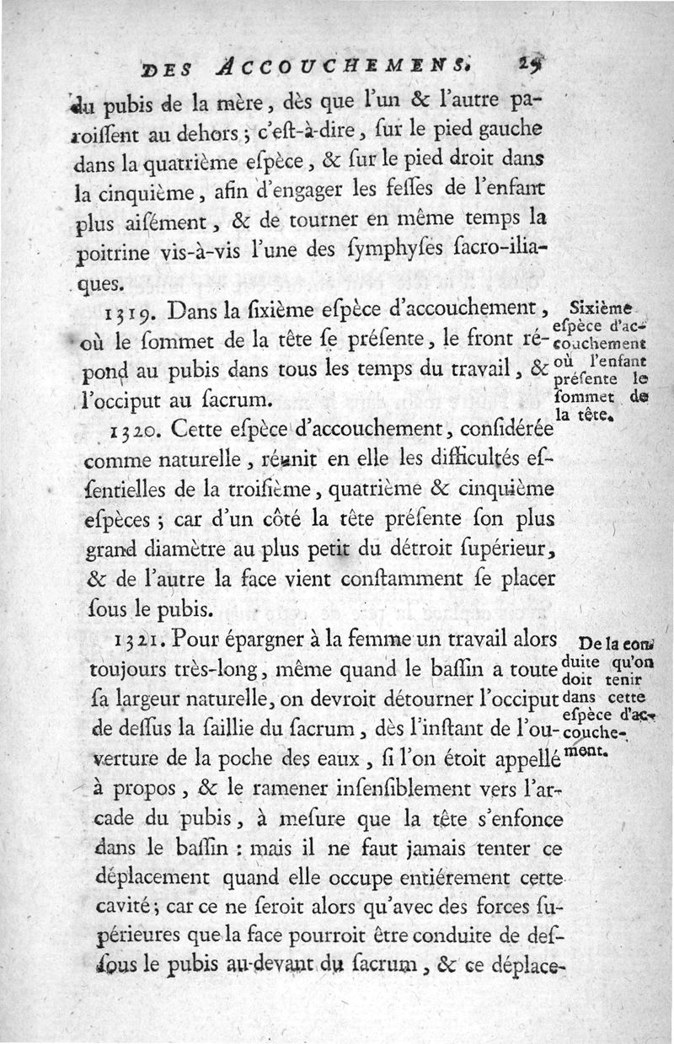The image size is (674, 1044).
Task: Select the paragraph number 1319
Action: coord(131,314)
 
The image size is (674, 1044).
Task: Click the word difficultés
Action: coord(466,460)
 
